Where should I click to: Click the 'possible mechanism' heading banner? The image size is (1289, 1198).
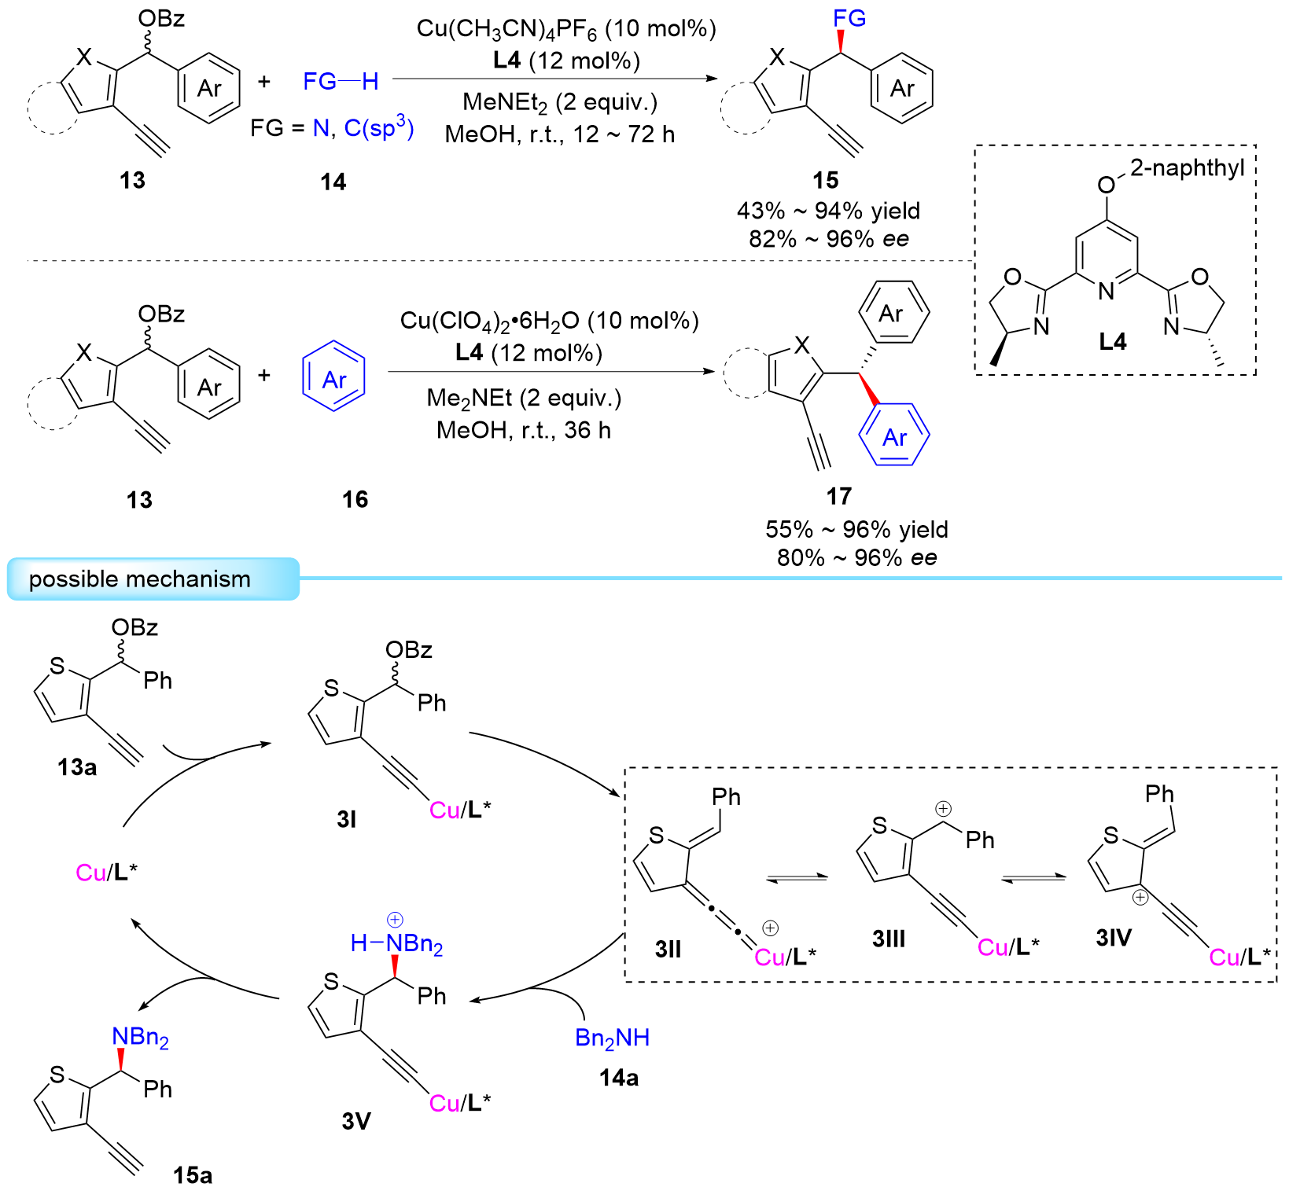point(140,579)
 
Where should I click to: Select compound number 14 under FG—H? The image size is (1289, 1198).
point(333,182)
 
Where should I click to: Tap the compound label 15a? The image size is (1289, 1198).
point(193,1175)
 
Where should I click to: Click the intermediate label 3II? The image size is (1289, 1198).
point(668,949)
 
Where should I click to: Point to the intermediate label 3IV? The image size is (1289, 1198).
point(1114,937)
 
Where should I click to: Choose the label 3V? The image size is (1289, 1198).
point(355,1121)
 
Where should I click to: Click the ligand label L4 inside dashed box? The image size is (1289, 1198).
point(1112,341)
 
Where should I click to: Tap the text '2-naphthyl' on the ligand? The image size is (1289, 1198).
point(1187,167)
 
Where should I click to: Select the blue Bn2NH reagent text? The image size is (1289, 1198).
point(612,1038)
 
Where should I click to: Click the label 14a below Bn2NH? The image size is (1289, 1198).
point(618,1078)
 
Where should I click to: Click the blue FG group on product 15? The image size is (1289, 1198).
point(849,19)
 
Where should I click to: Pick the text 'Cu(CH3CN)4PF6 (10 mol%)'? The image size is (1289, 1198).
point(566,30)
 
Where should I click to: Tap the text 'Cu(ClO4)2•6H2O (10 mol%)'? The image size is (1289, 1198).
point(549,321)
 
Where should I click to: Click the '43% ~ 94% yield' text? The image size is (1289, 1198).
point(828,211)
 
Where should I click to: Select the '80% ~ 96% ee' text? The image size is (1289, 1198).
point(856,557)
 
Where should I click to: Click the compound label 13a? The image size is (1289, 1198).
point(76,766)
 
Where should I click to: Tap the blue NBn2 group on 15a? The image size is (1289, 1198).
point(140,1038)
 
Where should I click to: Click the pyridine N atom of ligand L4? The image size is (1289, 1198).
point(1106,292)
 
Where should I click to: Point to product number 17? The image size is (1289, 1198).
point(838,496)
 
